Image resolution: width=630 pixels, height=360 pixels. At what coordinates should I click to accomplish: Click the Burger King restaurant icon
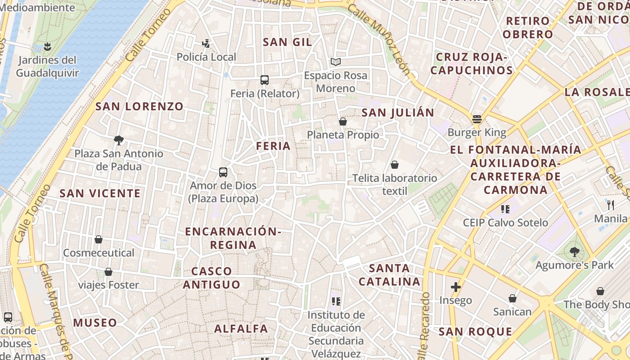pyautogui.click(x=477, y=119)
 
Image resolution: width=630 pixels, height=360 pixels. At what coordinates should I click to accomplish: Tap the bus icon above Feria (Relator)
pyautogui.click(x=265, y=80)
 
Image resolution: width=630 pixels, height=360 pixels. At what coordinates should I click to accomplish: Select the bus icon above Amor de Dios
pyautogui.click(x=223, y=172)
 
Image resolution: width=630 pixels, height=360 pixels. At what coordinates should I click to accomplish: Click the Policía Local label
pyautogui.click(x=206, y=57)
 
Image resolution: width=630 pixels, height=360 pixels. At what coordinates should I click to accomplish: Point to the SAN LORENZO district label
pyautogui.click(x=139, y=107)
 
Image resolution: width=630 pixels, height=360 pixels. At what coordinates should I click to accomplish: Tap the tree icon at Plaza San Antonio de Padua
pyautogui.click(x=119, y=140)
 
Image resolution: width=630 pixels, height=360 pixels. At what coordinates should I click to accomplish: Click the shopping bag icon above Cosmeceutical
pyautogui.click(x=99, y=239)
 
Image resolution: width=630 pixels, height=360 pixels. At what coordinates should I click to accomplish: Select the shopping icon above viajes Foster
pyautogui.click(x=108, y=272)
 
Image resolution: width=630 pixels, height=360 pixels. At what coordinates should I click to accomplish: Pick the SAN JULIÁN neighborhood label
pyautogui.click(x=398, y=112)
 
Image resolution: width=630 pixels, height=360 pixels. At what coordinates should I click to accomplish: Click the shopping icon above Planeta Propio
pyautogui.click(x=343, y=121)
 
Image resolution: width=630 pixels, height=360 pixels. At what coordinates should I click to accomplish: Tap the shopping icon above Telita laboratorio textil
pyautogui.click(x=395, y=165)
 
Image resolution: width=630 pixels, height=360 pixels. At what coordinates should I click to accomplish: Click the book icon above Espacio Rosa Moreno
pyautogui.click(x=336, y=62)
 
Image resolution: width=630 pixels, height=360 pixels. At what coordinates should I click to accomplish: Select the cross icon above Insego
pyautogui.click(x=456, y=287)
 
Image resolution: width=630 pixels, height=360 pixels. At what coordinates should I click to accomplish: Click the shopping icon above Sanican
pyautogui.click(x=512, y=298)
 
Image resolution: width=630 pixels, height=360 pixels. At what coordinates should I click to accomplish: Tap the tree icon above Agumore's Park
pyautogui.click(x=574, y=252)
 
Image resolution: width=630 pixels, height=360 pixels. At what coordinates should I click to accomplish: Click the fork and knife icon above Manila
pyautogui.click(x=611, y=205)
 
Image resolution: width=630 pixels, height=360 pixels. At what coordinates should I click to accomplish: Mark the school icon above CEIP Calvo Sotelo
pyautogui.click(x=505, y=209)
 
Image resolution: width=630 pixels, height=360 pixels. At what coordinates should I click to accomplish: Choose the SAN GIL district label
pyautogui.click(x=287, y=42)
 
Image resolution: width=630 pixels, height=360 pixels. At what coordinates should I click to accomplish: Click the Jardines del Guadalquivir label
pyautogui.click(x=47, y=67)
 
